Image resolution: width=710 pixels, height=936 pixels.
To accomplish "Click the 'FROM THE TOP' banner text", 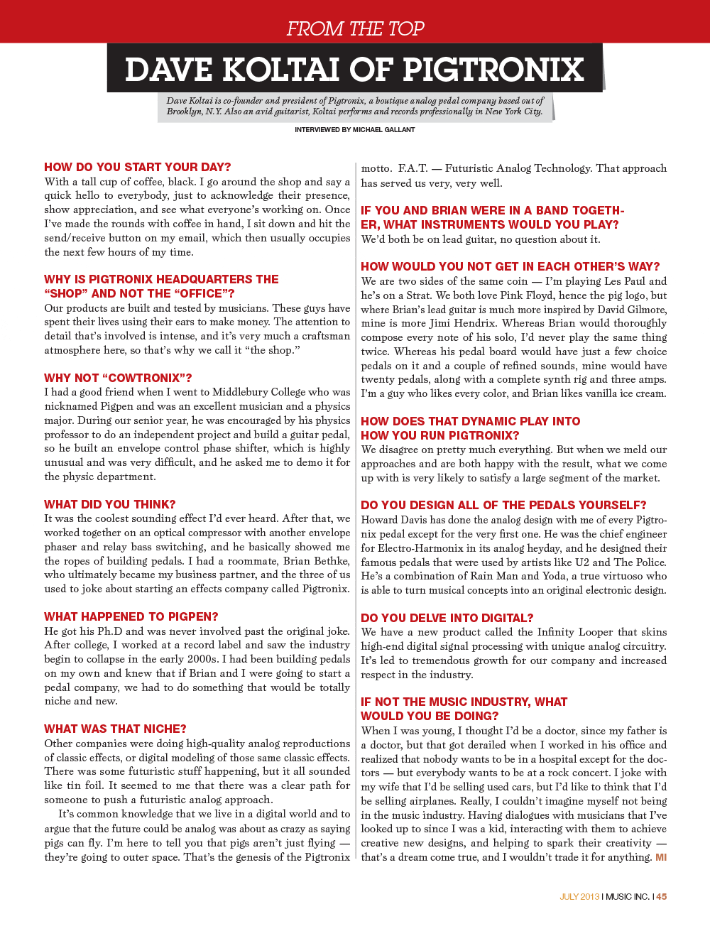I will (355, 28).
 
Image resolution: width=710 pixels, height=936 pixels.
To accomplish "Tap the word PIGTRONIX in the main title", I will (493, 70).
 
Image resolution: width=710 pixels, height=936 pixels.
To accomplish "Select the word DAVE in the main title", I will (168, 70).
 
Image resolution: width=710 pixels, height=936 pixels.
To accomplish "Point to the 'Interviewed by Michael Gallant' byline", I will (355, 130).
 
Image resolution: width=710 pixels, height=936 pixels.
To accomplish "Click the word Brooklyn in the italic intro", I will (184, 111).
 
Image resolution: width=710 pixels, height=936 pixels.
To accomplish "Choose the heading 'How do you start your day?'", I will (137, 167).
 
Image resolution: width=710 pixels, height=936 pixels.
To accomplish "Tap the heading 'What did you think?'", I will (109, 504).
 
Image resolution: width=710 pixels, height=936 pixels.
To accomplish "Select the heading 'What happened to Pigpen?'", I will (131, 616).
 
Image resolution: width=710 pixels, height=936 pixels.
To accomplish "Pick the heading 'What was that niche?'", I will (115, 729).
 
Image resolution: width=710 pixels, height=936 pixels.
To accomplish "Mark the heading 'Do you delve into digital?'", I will (447, 618).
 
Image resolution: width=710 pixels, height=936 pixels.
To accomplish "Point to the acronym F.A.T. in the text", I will (413, 168).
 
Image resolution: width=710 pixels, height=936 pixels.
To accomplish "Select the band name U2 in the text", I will (581, 562).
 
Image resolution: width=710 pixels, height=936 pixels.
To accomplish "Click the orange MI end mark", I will (661, 857).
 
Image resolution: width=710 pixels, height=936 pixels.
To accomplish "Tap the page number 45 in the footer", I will (662, 896).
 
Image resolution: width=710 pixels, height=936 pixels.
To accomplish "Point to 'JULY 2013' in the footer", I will (579, 896).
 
